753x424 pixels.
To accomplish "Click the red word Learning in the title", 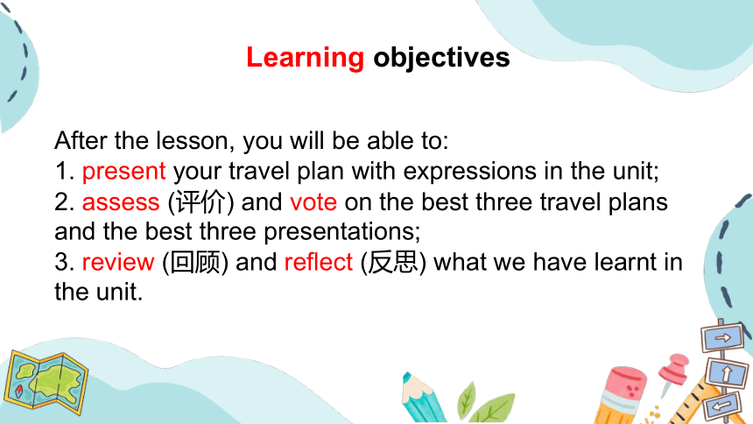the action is click(x=305, y=58).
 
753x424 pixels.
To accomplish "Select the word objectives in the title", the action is click(x=441, y=58).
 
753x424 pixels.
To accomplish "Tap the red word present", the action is click(x=124, y=172).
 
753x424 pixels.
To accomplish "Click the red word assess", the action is click(x=121, y=202).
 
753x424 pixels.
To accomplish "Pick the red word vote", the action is click(x=313, y=201).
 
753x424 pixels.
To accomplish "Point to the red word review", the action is click(x=118, y=263).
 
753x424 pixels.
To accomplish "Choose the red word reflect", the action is click(x=319, y=262).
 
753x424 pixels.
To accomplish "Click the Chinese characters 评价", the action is click(x=201, y=201).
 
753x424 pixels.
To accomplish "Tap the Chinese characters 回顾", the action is click(x=195, y=263).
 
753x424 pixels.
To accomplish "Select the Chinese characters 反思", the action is click(x=393, y=262).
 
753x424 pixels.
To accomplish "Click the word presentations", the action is click(x=342, y=232).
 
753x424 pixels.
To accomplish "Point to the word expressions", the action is click(x=469, y=172).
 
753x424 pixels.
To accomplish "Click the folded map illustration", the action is click(x=46, y=382).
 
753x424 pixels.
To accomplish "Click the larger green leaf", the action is click(x=492, y=408).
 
